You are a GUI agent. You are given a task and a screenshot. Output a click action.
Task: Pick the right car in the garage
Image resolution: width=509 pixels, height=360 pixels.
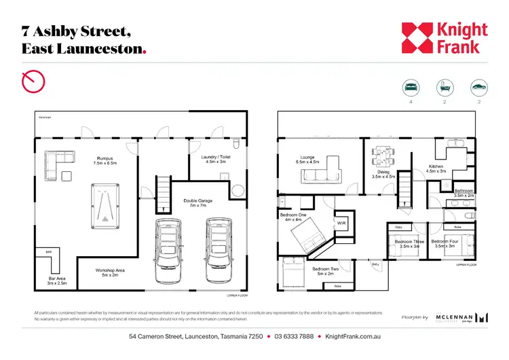(x=218, y=251)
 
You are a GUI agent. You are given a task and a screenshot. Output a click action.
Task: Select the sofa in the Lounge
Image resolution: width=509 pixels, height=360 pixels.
(x=318, y=173)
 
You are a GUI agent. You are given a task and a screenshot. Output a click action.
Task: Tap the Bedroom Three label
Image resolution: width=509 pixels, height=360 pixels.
(x=409, y=243)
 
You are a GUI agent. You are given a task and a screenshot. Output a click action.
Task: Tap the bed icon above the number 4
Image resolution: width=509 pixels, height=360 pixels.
(x=411, y=88)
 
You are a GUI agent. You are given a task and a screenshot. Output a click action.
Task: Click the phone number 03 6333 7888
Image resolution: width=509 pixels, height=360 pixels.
(x=294, y=336)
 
